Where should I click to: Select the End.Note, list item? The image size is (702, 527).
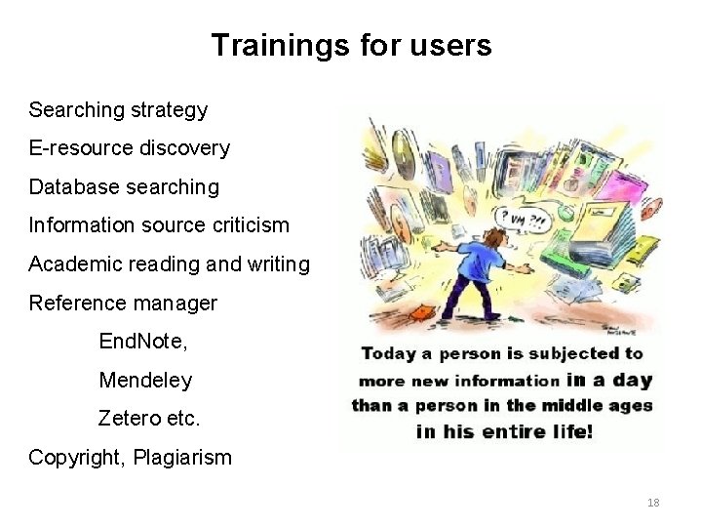click(x=142, y=342)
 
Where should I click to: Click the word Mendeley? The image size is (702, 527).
click(x=145, y=380)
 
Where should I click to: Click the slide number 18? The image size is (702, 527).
click(x=653, y=503)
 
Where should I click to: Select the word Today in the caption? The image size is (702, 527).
click(x=390, y=353)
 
